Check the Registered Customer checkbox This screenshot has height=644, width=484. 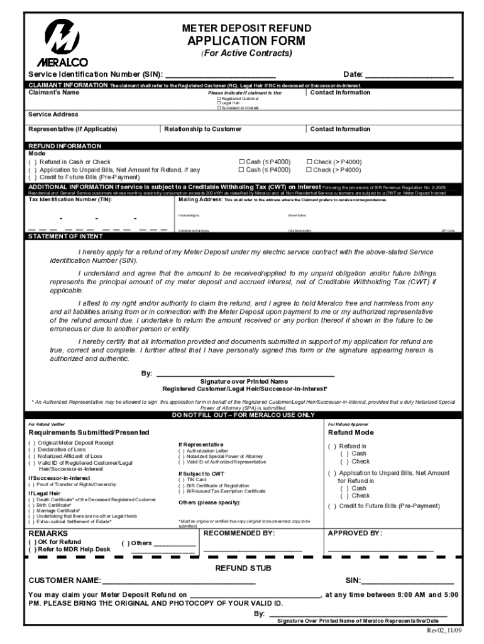point(219,99)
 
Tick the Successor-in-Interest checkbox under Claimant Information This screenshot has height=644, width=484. point(219,108)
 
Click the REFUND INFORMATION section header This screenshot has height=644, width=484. point(65,146)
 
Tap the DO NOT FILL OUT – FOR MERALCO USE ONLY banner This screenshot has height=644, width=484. point(243,415)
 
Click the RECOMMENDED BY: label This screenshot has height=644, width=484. point(239,533)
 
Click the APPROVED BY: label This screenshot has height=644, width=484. point(355,533)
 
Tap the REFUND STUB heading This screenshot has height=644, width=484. point(243,568)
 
